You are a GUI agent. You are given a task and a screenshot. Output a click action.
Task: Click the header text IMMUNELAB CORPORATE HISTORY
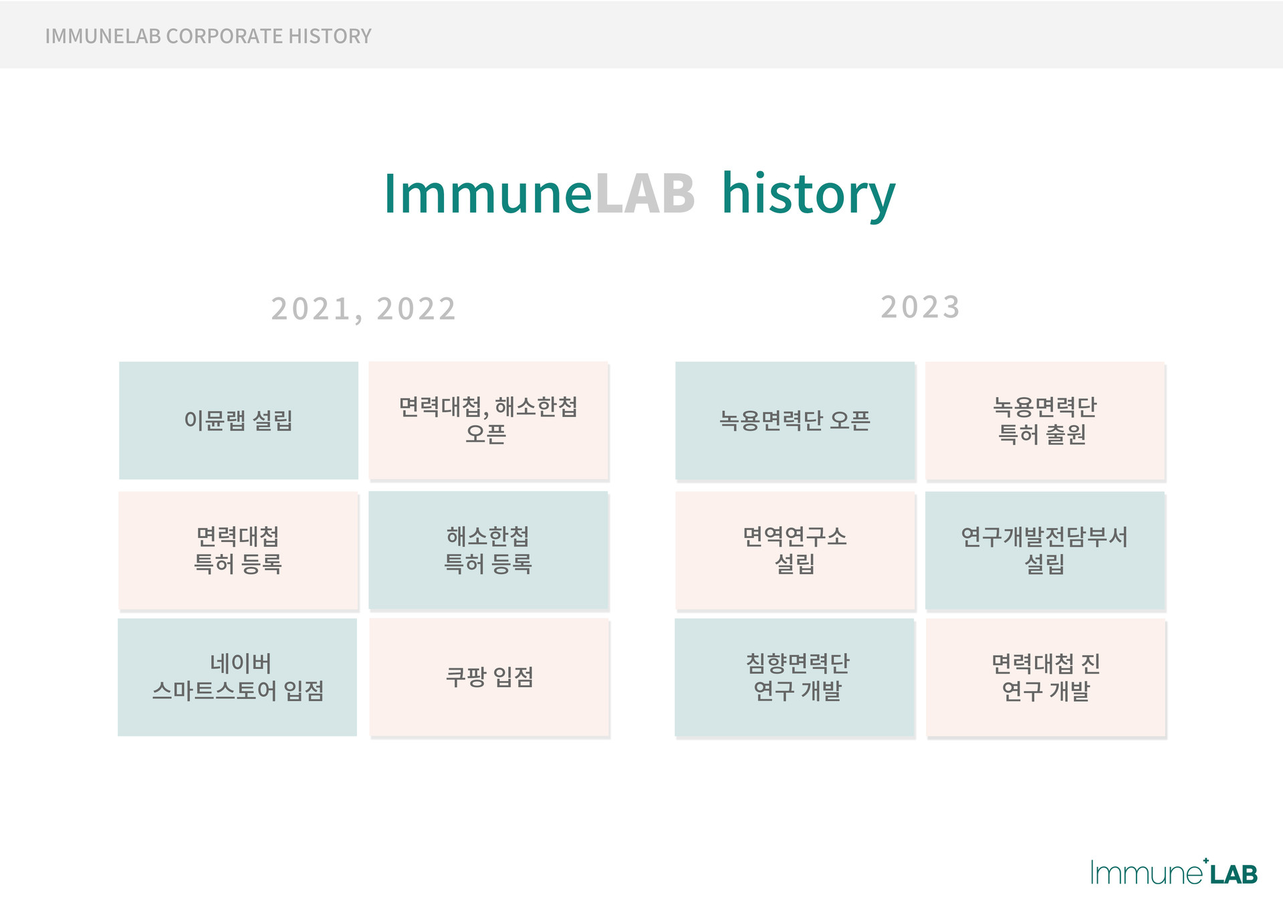pyautogui.click(x=208, y=36)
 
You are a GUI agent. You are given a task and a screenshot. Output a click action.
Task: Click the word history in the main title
pyautogui.click(x=808, y=195)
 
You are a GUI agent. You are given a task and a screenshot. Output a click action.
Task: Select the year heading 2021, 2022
pyautogui.click(x=363, y=309)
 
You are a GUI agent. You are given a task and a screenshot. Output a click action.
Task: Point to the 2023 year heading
pyautogui.click(x=920, y=307)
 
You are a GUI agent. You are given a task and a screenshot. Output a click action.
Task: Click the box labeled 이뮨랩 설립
pyautogui.click(x=239, y=420)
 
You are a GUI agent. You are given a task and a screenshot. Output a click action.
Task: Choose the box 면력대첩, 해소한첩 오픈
pyautogui.click(x=488, y=420)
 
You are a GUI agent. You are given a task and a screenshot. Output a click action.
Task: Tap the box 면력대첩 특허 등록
pyautogui.click(x=239, y=550)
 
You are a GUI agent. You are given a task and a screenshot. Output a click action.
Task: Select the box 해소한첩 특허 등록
pyautogui.click(x=488, y=550)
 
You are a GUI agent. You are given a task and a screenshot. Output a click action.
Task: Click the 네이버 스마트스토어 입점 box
pyautogui.click(x=237, y=677)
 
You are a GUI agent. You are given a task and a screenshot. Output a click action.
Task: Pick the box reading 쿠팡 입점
pyautogui.click(x=489, y=677)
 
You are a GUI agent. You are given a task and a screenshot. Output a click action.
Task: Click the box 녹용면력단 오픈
pyautogui.click(x=795, y=420)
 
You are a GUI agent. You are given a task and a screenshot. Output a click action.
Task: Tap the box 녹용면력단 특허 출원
pyautogui.click(x=1045, y=420)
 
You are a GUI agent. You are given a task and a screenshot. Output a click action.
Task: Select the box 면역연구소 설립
pyautogui.click(x=795, y=550)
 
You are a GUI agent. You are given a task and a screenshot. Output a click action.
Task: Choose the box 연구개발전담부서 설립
pyautogui.click(x=1045, y=550)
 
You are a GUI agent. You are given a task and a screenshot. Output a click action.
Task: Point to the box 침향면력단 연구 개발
pyautogui.click(x=794, y=677)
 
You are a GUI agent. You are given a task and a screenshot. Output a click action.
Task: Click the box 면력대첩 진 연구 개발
pyautogui.click(x=1046, y=677)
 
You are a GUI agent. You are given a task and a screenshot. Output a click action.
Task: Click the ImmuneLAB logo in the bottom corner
pyautogui.click(x=1174, y=872)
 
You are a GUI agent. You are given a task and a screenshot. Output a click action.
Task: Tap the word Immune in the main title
pyautogui.click(x=488, y=194)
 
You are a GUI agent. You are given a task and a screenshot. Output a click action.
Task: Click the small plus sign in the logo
pyautogui.click(x=1205, y=861)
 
